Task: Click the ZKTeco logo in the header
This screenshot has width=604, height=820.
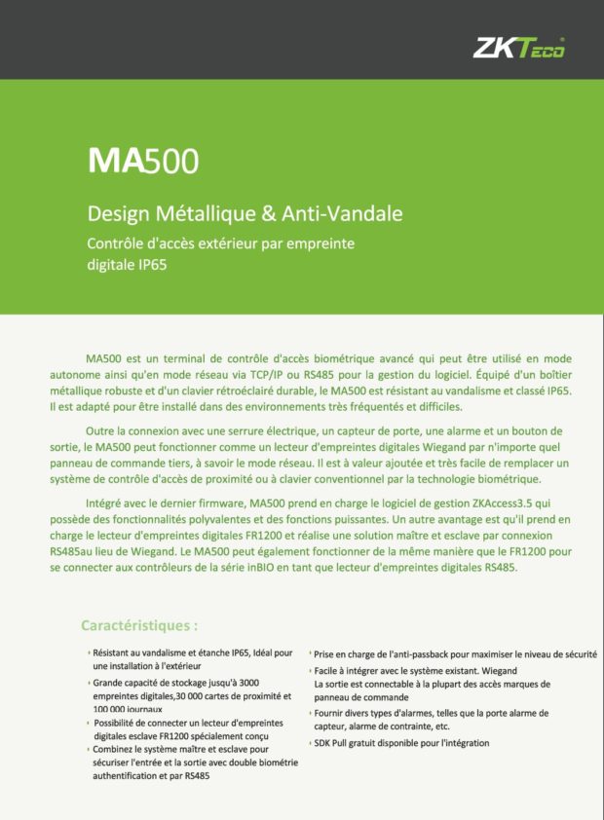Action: click(x=519, y=48)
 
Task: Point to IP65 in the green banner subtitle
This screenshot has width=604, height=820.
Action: click(x=147, y=264)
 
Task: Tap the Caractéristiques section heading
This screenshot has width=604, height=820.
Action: click(x=139, y=624)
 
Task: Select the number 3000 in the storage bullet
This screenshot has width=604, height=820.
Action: click(x=247, y=683)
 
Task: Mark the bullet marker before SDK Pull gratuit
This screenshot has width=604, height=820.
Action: click(x=310, y=743)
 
